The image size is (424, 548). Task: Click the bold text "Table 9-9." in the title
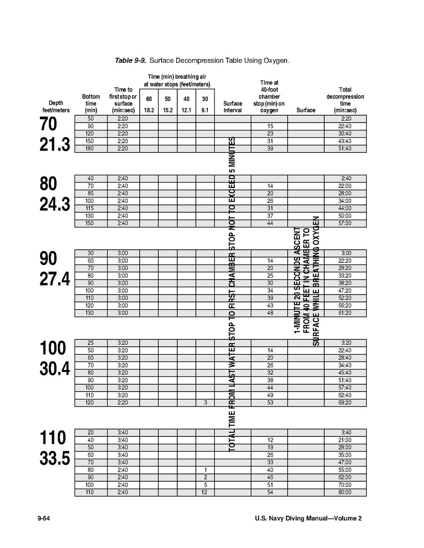pyautogui.click(x=130, y=60)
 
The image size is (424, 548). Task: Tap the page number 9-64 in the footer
pyautogui.click(x=44, y=518)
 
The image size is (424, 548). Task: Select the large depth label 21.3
pyautogui.click(x=54, y=145)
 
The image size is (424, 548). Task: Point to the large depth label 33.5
pyautogui.click(x=54, y=459)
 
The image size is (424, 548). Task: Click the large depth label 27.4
pyautogui.click(x=54, y=279)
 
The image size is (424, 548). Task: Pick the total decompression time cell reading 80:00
pyautogui.click(x=345, y=493)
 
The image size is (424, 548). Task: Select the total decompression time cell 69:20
pyautogui.click(x=345, y=403)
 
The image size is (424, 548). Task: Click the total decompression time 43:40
pyautogui.click(x=345, y=141)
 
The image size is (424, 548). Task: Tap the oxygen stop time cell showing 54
pyautogui.click(x=270, y=493)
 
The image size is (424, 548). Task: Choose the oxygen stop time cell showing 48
pyautogui.click(x=270, y=313)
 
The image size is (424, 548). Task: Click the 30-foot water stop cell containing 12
pyautogui.click(x=205, y=493)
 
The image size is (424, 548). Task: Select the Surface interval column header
pyautogui.click(x=233, y=107)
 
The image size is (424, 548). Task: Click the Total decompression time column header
pyautogui.click(x=345, y=100)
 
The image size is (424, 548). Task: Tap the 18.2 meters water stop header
pyautogui.click(x=149, y=110)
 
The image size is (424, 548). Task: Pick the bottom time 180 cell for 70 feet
pyautogui.click(x=91, y=149)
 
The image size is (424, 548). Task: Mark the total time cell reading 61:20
pyautogui.click(x=345, y=313)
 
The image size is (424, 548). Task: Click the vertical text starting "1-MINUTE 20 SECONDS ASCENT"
pyautogui.click(x=297, y=287)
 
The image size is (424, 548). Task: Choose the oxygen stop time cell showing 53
pyautogui.click(x=270, y=403)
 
